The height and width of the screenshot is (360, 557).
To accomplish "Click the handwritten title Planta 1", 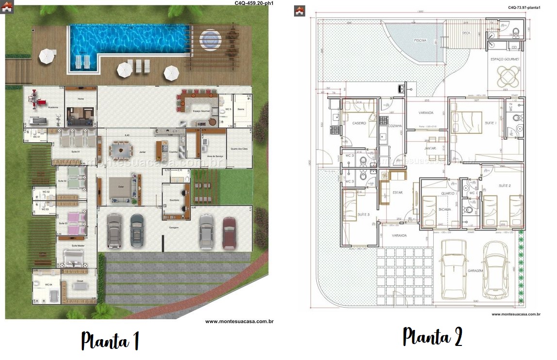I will point(110,341).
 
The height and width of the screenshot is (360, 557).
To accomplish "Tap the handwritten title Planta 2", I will point(432,337).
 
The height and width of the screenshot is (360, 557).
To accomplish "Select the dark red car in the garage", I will point(229,232).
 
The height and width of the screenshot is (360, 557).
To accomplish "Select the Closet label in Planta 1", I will point(80,280).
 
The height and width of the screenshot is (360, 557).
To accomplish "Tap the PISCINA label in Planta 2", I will point(420,40).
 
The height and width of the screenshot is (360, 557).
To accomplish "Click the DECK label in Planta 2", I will point(466,33).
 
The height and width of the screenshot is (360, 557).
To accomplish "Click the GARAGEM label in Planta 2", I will point(476,271).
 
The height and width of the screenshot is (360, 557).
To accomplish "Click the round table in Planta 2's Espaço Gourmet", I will point(507,75).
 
